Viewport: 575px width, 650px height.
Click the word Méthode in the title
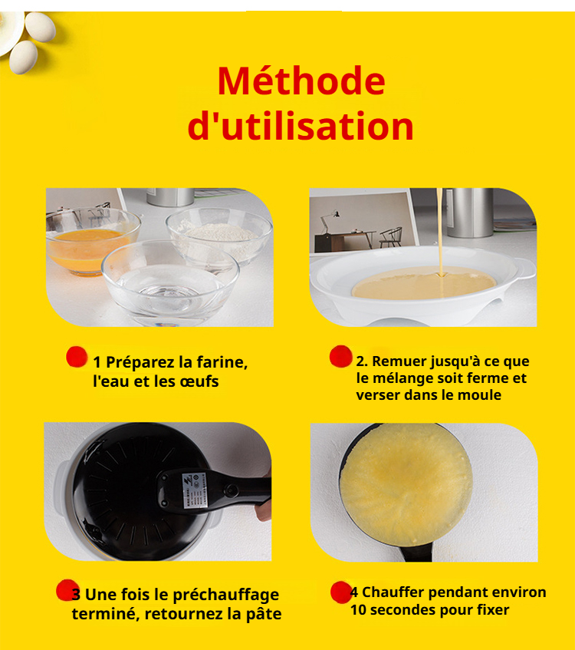click(x=301, y=81)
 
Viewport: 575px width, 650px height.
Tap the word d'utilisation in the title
click(x=301, y=126)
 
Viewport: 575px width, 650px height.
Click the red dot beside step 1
click(x=77, y=357)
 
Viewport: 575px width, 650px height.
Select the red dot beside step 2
click(x=341, y=356)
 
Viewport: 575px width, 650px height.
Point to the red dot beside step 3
click(x=67, y=590)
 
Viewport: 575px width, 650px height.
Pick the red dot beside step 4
click(x=341, y=592)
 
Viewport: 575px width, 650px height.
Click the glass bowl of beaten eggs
click(x=93, y=243)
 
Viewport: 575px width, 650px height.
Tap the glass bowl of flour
click(x=219, y=236)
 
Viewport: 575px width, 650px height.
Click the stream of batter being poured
click(x=440, y=232)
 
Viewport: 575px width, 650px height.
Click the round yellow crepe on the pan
click(x=406, y=484)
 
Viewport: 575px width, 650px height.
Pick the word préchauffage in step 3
click(x=225, y=595)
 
